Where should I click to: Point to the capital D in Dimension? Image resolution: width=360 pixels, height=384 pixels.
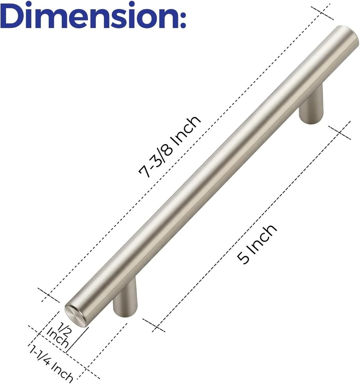[13, 15]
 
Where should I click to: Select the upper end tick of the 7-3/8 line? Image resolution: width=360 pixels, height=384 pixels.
[322, 13]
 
